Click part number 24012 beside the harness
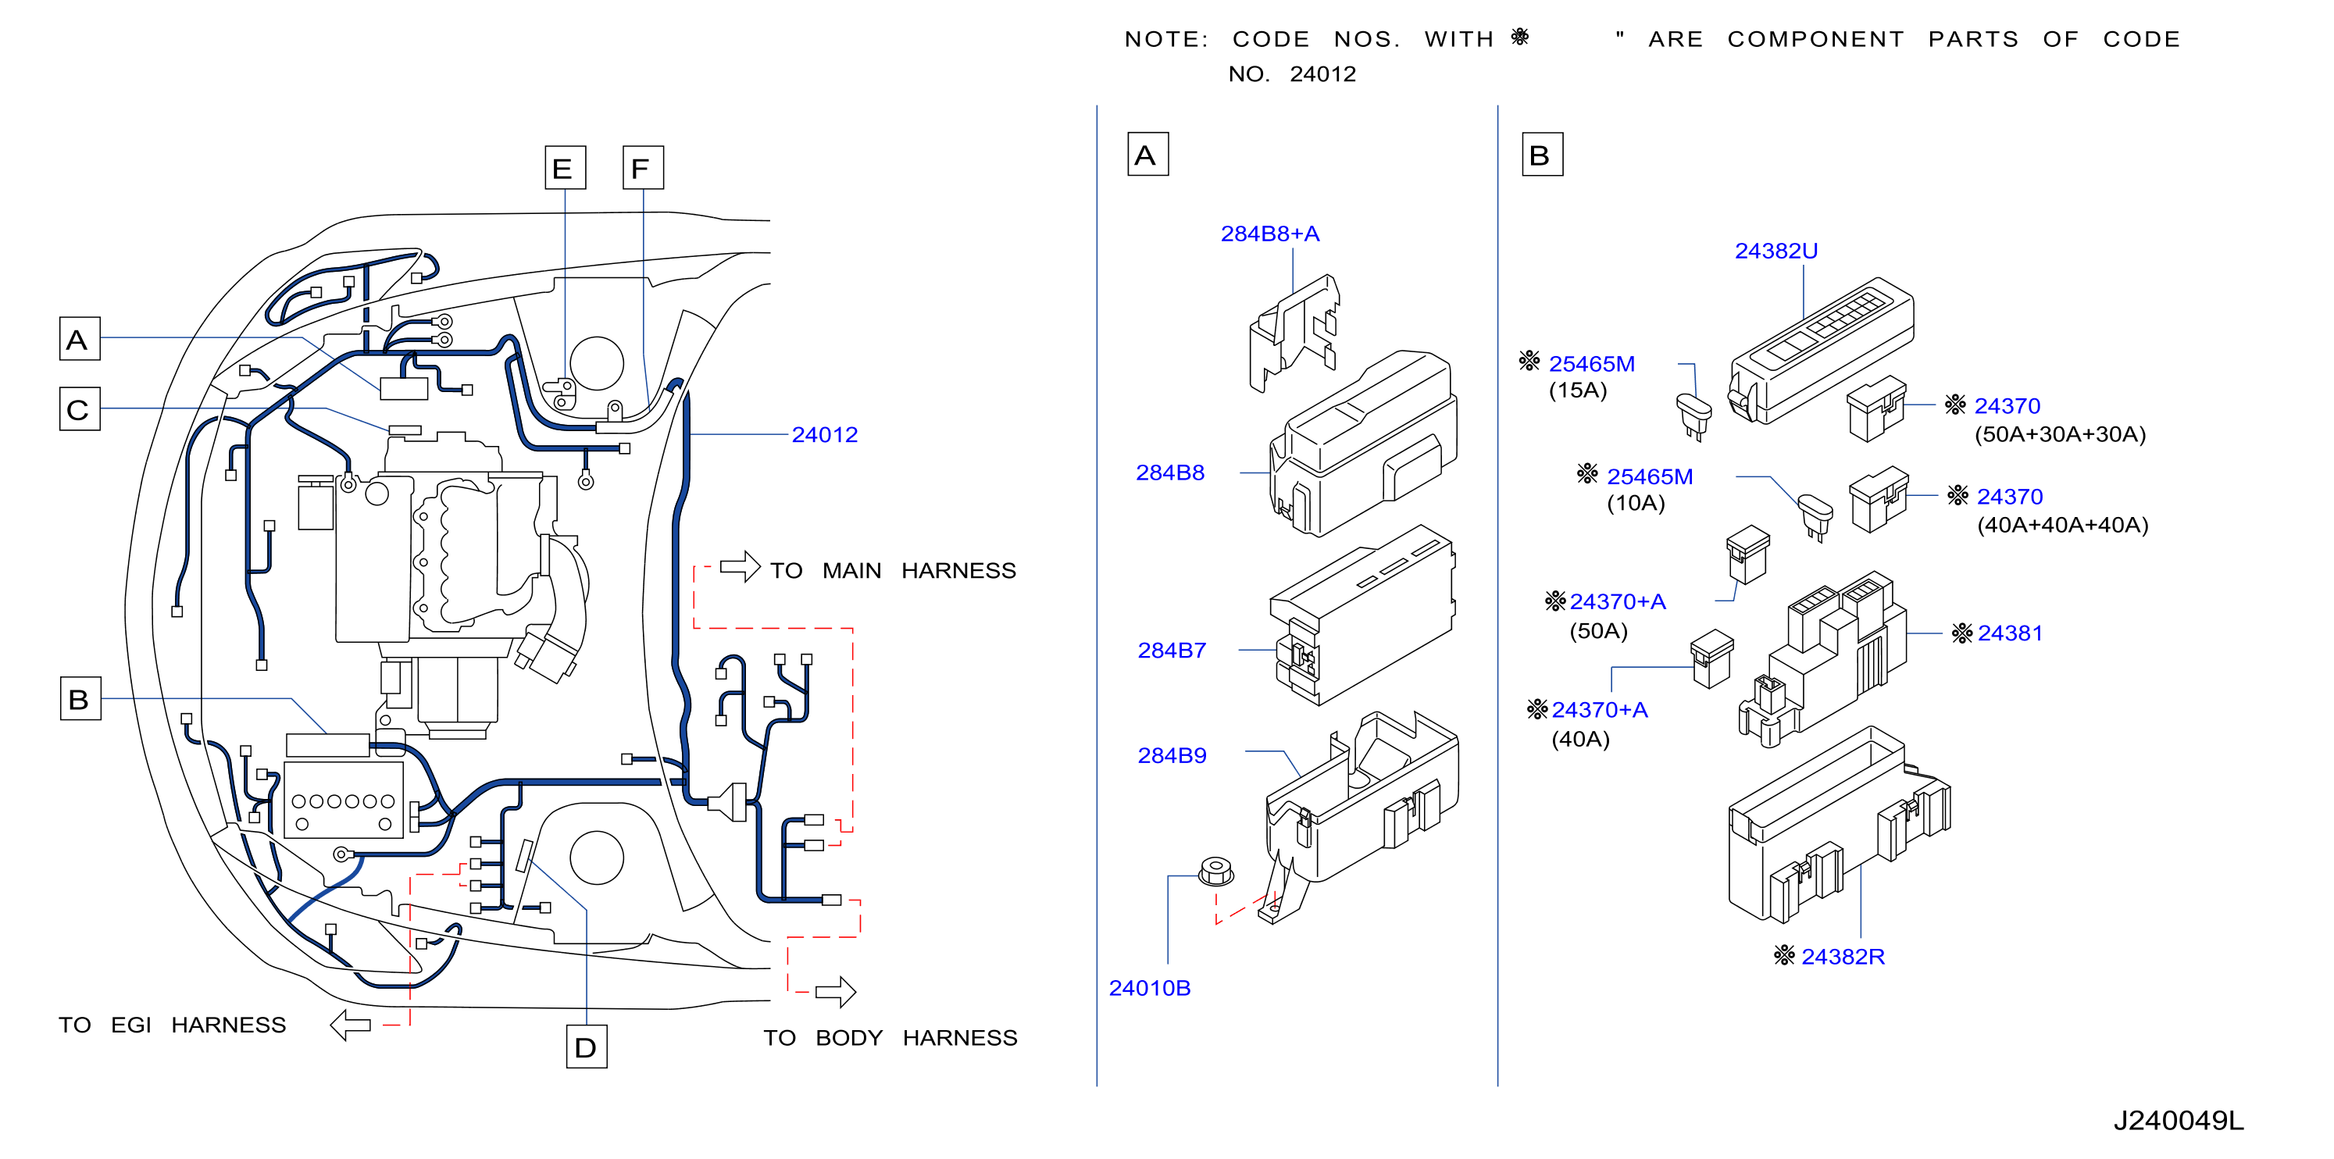click(x=825, y=435)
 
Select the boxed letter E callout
click(x=566, y=168)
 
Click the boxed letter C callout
click(x=80, y=408)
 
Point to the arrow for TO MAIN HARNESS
click(x=740, y=566)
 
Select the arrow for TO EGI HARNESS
click(x=351, y=1025)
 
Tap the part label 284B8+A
click(x=1270, y=234)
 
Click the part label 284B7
click(x=1172, y=651)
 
